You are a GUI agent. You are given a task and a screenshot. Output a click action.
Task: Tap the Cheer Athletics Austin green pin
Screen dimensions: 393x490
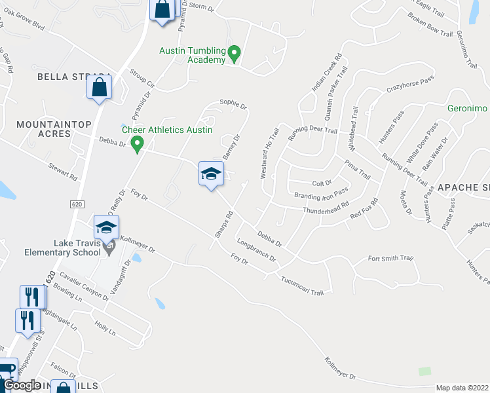point(137,143)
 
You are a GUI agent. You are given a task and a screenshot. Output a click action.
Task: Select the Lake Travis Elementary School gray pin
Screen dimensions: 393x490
point(110,247)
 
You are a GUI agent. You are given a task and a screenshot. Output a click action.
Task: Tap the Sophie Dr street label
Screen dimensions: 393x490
point(233,103)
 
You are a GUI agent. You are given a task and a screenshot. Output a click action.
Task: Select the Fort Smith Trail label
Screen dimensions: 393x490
point(391,259)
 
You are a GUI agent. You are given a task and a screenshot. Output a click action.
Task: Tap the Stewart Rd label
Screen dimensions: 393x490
point(63,172)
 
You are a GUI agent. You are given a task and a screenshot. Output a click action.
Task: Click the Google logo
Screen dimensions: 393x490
point(22,385)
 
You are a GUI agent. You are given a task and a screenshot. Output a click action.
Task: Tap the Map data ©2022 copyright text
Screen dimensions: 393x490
point(462,388)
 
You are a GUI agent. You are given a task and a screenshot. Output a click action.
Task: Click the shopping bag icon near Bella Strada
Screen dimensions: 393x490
point(99,87)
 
